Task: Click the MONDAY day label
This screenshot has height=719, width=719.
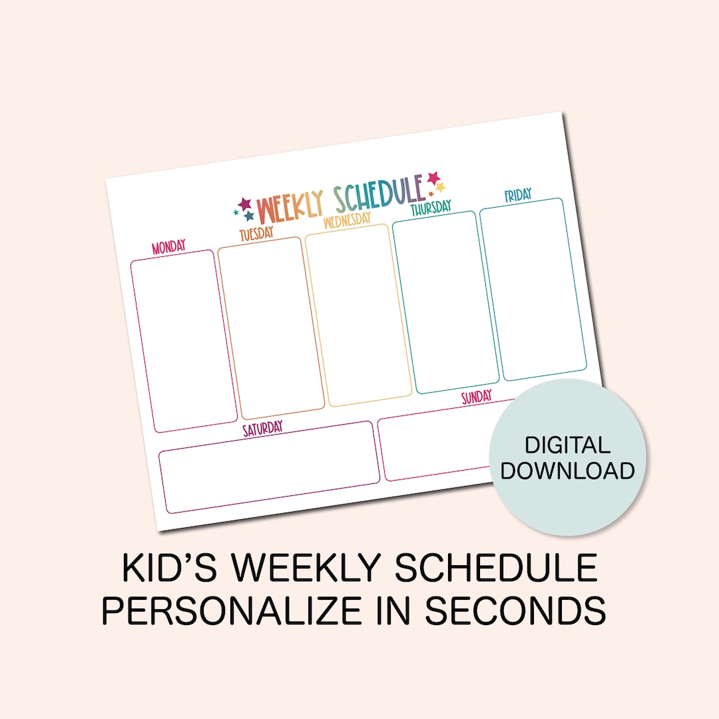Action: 168,247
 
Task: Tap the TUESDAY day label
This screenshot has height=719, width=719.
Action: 256,233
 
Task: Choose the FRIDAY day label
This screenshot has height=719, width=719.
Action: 517,195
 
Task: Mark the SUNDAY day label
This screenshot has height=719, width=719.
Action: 477,397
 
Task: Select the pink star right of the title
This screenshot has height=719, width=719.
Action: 434,178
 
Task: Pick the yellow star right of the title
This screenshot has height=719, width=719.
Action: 440,188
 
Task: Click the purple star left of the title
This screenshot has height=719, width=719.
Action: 245,203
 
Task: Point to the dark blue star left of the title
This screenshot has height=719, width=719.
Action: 249,216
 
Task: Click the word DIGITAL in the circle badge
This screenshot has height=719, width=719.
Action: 567,445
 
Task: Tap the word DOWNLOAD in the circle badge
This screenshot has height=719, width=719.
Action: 567,471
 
